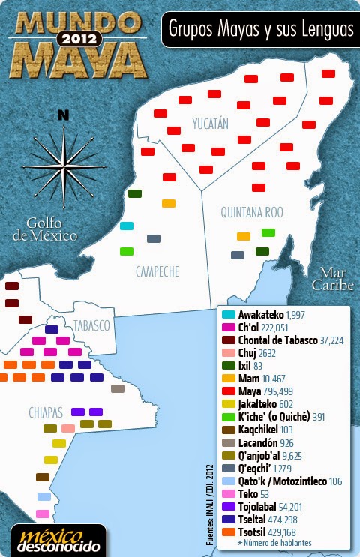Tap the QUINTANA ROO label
click(251, 212)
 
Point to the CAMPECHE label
click(157, 271)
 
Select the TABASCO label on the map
click(91, 326)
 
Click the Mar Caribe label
click(332, 279)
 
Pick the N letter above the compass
click(64, 115)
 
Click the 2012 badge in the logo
click(78, 37)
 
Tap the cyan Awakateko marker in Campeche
click(127, 226)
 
